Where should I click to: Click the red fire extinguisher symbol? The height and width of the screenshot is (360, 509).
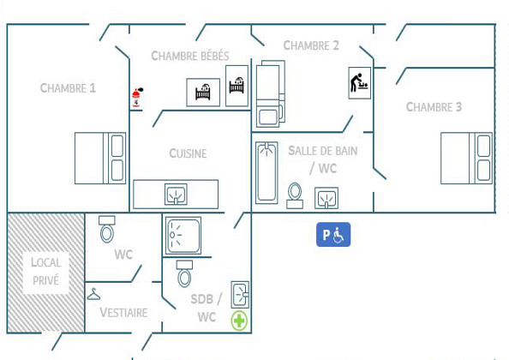coord(137,97)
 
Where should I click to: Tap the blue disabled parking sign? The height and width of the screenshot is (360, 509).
coord(333,234)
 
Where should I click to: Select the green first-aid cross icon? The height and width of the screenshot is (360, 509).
coord(239,321)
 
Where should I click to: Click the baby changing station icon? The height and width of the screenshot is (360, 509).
coord(360,83)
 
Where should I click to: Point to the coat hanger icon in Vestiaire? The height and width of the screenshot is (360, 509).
coord(93,295)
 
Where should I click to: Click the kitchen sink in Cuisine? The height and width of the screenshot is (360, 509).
coord(176,194)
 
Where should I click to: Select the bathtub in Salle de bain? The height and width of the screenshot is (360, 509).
coord(266,172)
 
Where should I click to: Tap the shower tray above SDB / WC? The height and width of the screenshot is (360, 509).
coord(183,236)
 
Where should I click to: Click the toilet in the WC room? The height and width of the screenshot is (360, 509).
coord(107,229)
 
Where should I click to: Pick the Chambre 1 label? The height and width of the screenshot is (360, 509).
coord(68,88)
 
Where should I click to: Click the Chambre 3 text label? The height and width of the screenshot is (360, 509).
coord(434,107)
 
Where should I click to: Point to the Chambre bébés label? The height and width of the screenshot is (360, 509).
coord(190,56)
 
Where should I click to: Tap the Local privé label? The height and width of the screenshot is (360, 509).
coord(45,272)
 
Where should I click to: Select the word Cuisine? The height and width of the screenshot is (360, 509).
coord(188,153)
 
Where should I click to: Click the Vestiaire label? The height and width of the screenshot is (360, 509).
coord(123,313)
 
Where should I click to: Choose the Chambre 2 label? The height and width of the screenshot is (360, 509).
coord(311,45)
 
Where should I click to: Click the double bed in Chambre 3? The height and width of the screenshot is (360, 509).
coord(466,158)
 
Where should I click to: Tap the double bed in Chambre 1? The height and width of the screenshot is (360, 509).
coord(100,158)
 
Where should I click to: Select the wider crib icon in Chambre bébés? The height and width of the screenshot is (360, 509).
coord(203,93)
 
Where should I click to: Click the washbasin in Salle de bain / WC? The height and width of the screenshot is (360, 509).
coord(326,198)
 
